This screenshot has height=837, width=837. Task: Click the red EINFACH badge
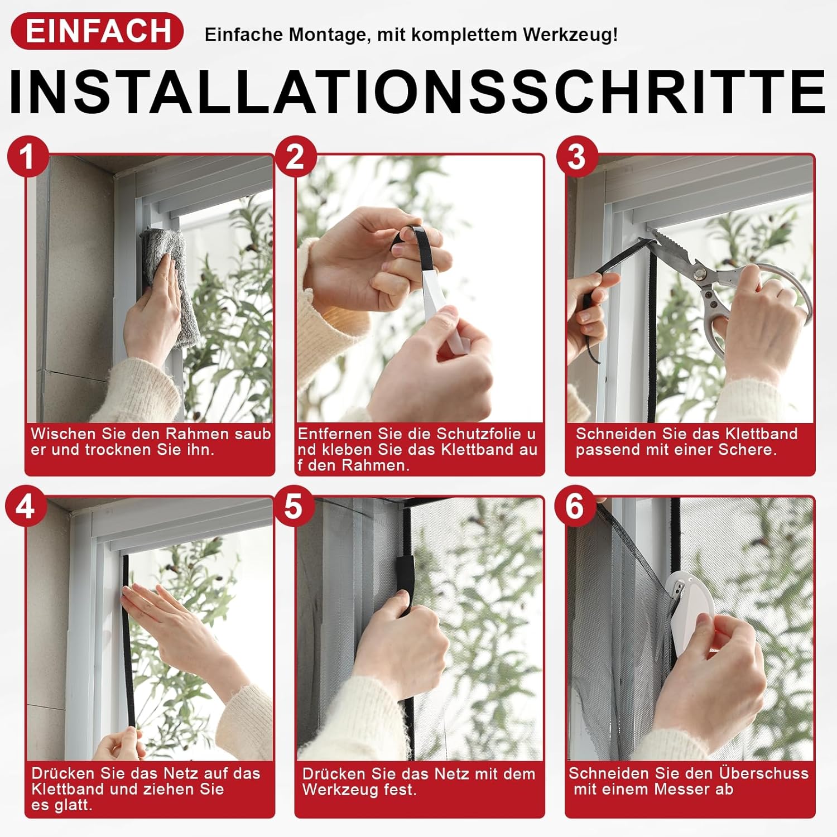coord(97,31)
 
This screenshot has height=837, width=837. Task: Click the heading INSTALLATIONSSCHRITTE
coord(417,92)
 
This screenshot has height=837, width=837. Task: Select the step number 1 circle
coord(27,157)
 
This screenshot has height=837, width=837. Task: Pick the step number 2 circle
coord(296,157)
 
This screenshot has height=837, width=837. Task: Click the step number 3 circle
coord(577,157)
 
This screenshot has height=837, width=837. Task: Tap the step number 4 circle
coord(26,507)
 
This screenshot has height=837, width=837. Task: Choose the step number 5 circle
coord(294,507)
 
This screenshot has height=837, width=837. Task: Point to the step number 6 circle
coord(575,507)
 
